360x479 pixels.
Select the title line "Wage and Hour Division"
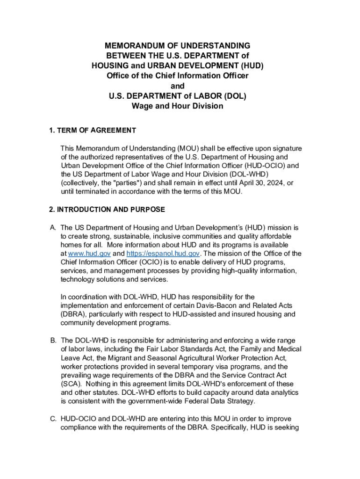pos(177,106)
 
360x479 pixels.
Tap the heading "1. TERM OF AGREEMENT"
pos(93,131)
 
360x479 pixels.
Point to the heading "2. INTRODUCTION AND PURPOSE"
pos(107,210)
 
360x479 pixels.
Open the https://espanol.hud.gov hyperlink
pos(163,254)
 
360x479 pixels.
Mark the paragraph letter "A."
pos(53,228)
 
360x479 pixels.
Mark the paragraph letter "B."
pos(53,341)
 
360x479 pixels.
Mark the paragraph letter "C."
pos(53,419)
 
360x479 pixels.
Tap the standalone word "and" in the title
pos(177,86)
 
